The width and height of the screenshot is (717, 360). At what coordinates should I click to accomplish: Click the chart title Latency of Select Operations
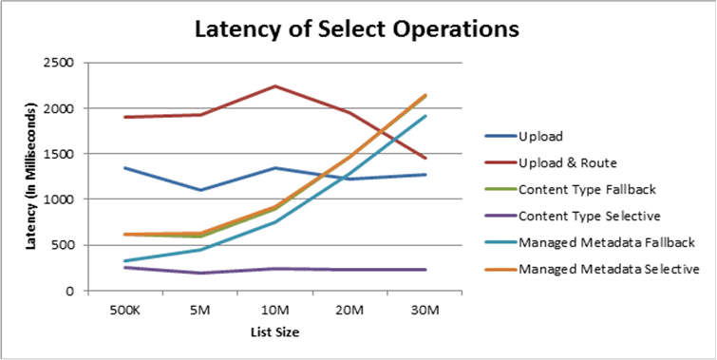357,28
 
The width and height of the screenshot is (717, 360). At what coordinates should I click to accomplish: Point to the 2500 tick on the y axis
66,63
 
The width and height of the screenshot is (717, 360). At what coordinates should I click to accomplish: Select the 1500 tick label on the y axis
66,154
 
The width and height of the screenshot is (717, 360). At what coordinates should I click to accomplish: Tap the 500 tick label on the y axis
69,245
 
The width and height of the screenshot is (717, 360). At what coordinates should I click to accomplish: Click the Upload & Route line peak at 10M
274,86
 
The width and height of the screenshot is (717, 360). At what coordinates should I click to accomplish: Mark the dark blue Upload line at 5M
199,190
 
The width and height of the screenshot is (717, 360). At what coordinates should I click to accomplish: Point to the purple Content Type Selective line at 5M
199,274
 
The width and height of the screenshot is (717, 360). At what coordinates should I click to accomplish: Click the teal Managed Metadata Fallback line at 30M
425,116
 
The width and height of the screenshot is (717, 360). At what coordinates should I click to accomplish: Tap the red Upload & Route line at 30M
425,159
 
